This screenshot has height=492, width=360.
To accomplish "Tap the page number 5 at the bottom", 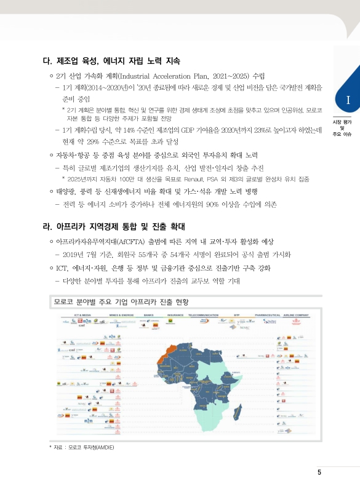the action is pos(319,472).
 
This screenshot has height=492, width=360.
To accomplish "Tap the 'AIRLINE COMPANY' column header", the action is pos(295,315).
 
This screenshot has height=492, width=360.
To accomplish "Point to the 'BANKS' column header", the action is pos(148,315).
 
